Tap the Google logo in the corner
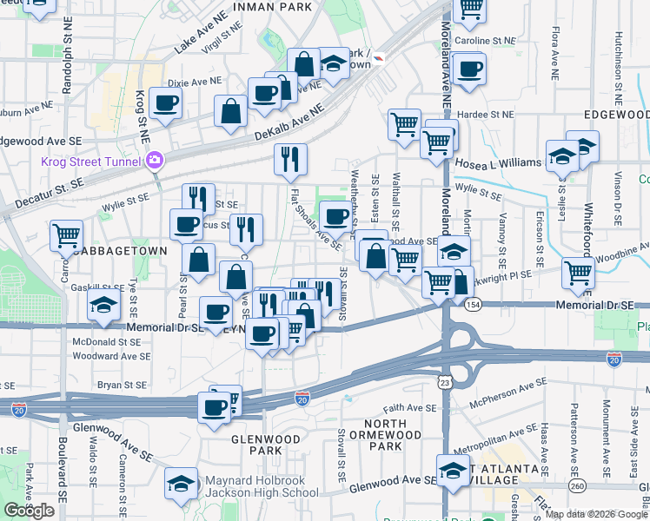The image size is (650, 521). tap(30, 511)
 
